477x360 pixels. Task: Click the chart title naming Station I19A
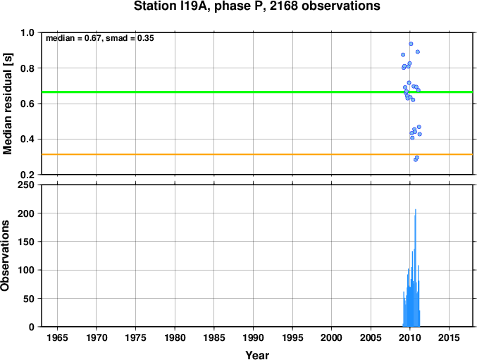pyautogui.click(x=256, y=6)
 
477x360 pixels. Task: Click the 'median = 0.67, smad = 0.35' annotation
pyautogui.click(x=100, y=38)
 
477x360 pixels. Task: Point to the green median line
pyautogui.click(x=257, y=92)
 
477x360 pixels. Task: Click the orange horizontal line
pyautogui.click(x=257, y=154)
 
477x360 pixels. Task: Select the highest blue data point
pyautogui.click(x=411, y=44)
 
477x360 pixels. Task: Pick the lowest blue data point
pyautogui.click(x=416, y=160)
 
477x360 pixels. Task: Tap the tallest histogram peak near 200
pyautogui.click(x=416, y=210)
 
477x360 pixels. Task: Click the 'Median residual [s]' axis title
pyautogui.click(x=7, y=104)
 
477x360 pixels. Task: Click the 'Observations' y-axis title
pyautogui.click(x=5, y=256)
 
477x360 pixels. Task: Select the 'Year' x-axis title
pyautogui.click(x=257, y=355)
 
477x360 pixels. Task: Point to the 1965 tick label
pyautogui.click(x=57, y=337)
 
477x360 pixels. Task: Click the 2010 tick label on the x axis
pyautogui.click(x=410, y=337)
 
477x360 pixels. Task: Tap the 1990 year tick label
pyautogui.click(x=253, y=337)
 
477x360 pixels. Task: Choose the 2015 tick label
pyautogui.click(x=449, y=337)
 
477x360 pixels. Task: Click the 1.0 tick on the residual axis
pyautogui.click(x=27, y=32)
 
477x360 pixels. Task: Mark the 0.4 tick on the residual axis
pyautogui.click(x=27, y=139)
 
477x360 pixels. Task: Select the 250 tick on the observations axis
pyautogui.click(x=26, y=185)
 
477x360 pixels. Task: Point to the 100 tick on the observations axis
pyautogui.click(x=26, y=270)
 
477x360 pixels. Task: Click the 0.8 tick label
pyautogui.click(x=27, y=68)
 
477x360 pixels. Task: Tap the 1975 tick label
pyautogui.click(x=135, y=337)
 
